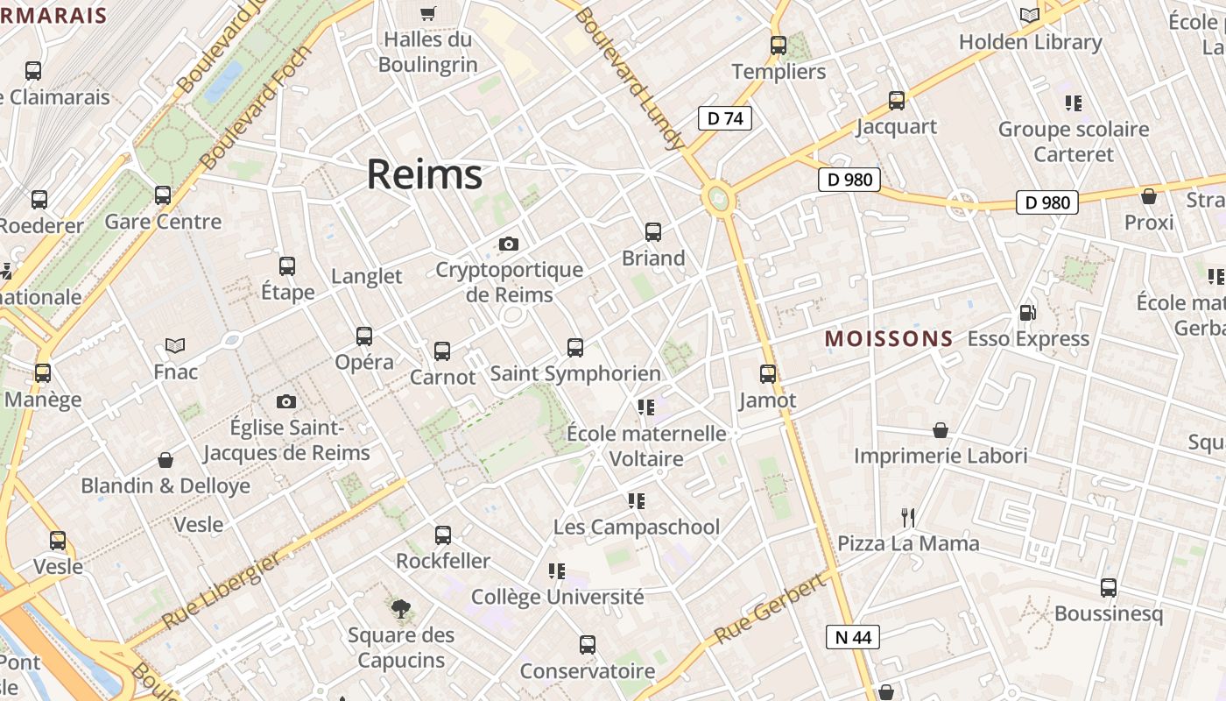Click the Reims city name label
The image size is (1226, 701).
point(424,174)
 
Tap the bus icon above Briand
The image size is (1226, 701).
point(653,232)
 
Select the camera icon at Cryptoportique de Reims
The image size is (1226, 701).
point(508,244)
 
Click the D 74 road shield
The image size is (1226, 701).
point(725,118)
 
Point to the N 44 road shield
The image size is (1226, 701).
point(852,637)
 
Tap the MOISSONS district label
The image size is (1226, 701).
point(889,338)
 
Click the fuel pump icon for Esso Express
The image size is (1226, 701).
point(1027,312)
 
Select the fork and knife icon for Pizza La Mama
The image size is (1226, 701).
point(908,518)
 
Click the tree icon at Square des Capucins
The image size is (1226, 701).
point(401,608)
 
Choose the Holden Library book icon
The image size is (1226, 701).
point(1030,16)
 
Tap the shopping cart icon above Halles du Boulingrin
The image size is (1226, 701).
point(427,13)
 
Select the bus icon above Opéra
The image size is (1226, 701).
point(364,336)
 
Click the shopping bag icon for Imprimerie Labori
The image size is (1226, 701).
point(941,430)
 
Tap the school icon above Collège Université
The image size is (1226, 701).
point(557,571)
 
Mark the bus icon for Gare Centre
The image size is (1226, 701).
point(163,195)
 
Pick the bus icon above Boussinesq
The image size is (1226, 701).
point(1109,587)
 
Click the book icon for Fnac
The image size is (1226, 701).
point(175,345)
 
